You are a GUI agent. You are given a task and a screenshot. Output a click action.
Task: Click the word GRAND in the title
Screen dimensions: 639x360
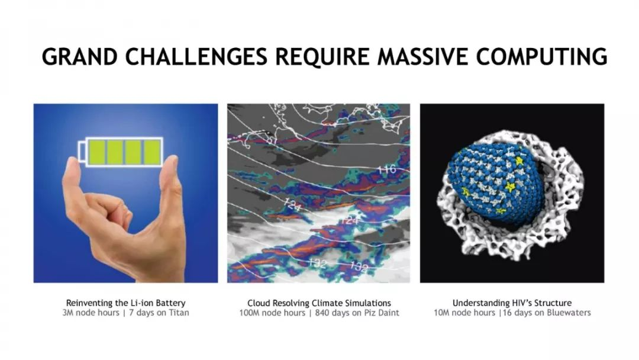(80, 56)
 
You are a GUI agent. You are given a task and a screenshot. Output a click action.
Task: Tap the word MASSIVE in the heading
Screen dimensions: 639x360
(422, 56)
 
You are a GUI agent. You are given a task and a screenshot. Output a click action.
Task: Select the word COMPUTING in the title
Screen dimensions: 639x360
(541, 56)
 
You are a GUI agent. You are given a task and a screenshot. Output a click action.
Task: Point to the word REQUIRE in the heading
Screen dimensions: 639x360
(322, 56)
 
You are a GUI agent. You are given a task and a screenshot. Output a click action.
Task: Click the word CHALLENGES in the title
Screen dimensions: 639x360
(196, 56)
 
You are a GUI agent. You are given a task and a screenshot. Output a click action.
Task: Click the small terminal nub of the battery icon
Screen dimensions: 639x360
(82, 152)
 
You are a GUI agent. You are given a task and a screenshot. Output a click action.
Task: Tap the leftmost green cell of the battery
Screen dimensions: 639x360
(96, 152)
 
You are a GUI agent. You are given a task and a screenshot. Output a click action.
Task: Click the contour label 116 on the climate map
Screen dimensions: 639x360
(387, 169)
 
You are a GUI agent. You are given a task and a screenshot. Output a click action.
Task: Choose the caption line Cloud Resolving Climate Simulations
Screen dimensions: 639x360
(319, 303)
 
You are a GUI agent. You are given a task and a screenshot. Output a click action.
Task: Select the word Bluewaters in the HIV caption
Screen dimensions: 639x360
(569, 313)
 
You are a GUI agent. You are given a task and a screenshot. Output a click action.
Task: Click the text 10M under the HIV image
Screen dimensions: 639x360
(441, 313)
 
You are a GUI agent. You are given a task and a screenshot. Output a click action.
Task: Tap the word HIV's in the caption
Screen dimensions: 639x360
(521, 303)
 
